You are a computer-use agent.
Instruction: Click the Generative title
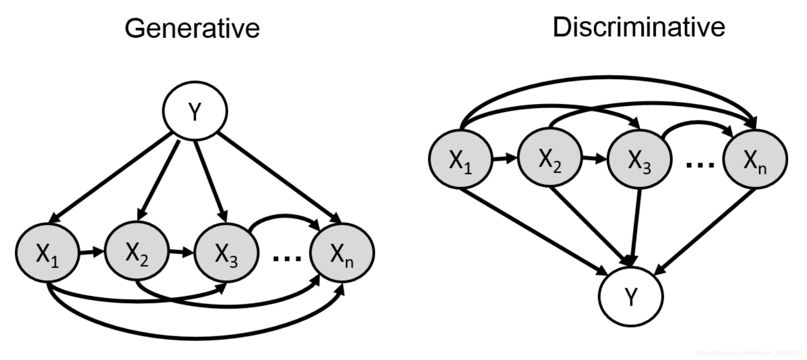(x=192, y=29)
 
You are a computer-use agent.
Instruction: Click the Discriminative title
(x=638, y=27)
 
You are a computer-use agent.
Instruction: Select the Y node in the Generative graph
(x=195, y=111)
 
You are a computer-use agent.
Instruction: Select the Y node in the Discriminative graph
(x=631, y=296)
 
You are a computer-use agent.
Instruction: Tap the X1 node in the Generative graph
(x=47, y=253)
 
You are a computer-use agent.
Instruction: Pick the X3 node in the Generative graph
(x=226, y=253)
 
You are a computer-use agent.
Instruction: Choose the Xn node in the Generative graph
(x=342, y=253)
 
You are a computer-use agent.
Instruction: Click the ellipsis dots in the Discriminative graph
(x=700, y=165)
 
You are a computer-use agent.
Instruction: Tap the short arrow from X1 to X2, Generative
(x=91, y=252)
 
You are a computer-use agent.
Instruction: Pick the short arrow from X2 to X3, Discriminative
(x=594, y=158)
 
